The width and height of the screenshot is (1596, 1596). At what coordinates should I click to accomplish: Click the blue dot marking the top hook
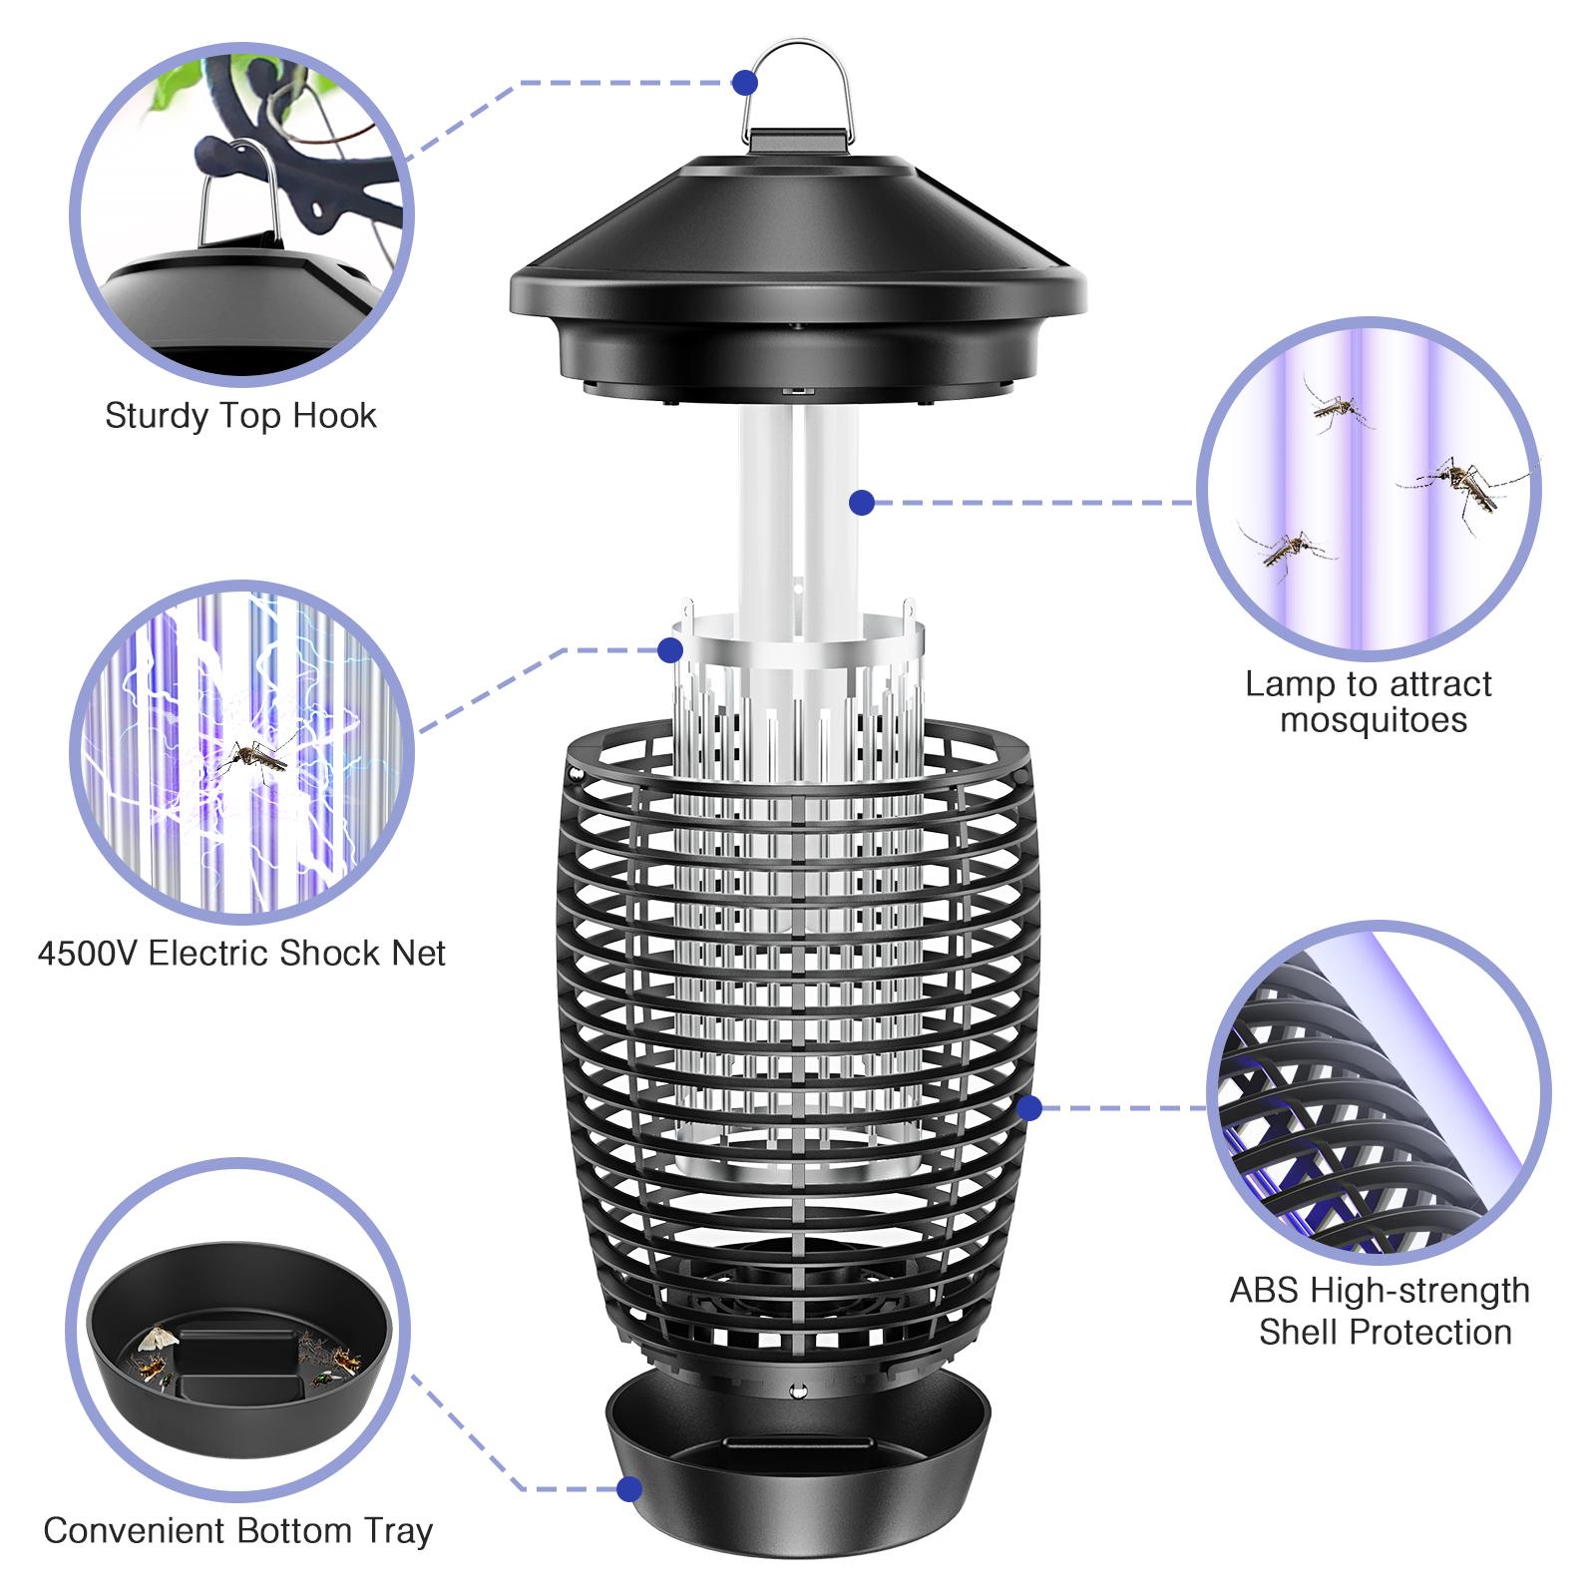[x=744, y=83]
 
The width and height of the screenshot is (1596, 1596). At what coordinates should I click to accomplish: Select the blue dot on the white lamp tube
[x=863, y=503]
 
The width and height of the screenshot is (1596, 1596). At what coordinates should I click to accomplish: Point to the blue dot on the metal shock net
[x=670, y=650]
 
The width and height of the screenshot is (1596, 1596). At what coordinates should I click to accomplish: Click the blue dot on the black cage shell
[x=1030, y=1107]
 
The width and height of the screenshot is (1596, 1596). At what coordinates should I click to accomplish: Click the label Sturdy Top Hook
[x=240, y=416]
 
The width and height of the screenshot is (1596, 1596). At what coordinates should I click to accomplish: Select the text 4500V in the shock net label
[x=88, y=954]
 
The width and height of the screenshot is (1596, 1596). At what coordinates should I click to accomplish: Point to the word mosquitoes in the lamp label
[x=1374, y=720]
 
